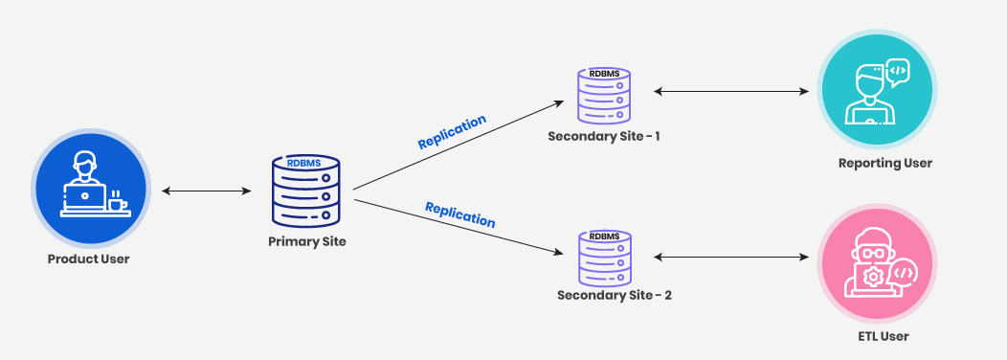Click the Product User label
point(88,259)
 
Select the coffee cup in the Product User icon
point(116,202)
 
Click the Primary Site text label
point(306,241)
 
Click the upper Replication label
point(452,132)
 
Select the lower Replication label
point(459,214)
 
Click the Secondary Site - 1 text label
point(604,136)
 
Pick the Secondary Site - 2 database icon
point(604,257)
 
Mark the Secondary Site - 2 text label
point(614,295)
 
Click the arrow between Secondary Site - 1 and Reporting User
point(729,93)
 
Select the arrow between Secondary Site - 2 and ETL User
point(729,258)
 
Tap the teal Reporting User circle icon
point(876,92)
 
